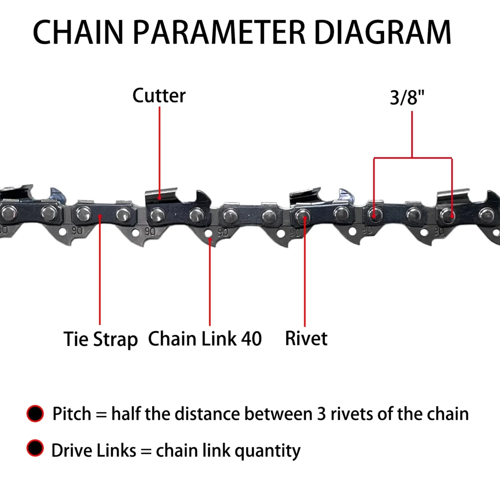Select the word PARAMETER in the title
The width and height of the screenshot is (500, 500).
[x=219, y=32]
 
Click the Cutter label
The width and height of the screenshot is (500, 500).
[x=159, y=95]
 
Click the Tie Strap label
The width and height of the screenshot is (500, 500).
[x=100, y=339]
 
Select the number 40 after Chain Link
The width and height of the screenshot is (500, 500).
[x=251, y=339]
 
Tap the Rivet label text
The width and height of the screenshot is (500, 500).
[x=306, y=338]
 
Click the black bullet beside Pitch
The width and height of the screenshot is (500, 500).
[x=35, y=414]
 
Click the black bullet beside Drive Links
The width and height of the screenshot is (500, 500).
[x=35, y=448]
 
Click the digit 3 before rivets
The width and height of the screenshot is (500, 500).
[x=321, y=414]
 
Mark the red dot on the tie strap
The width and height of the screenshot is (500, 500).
[x=100, y=216]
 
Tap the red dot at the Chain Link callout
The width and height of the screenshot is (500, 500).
[x=210, y=238]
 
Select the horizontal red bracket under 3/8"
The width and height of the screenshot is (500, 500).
[x=412, y=158]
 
